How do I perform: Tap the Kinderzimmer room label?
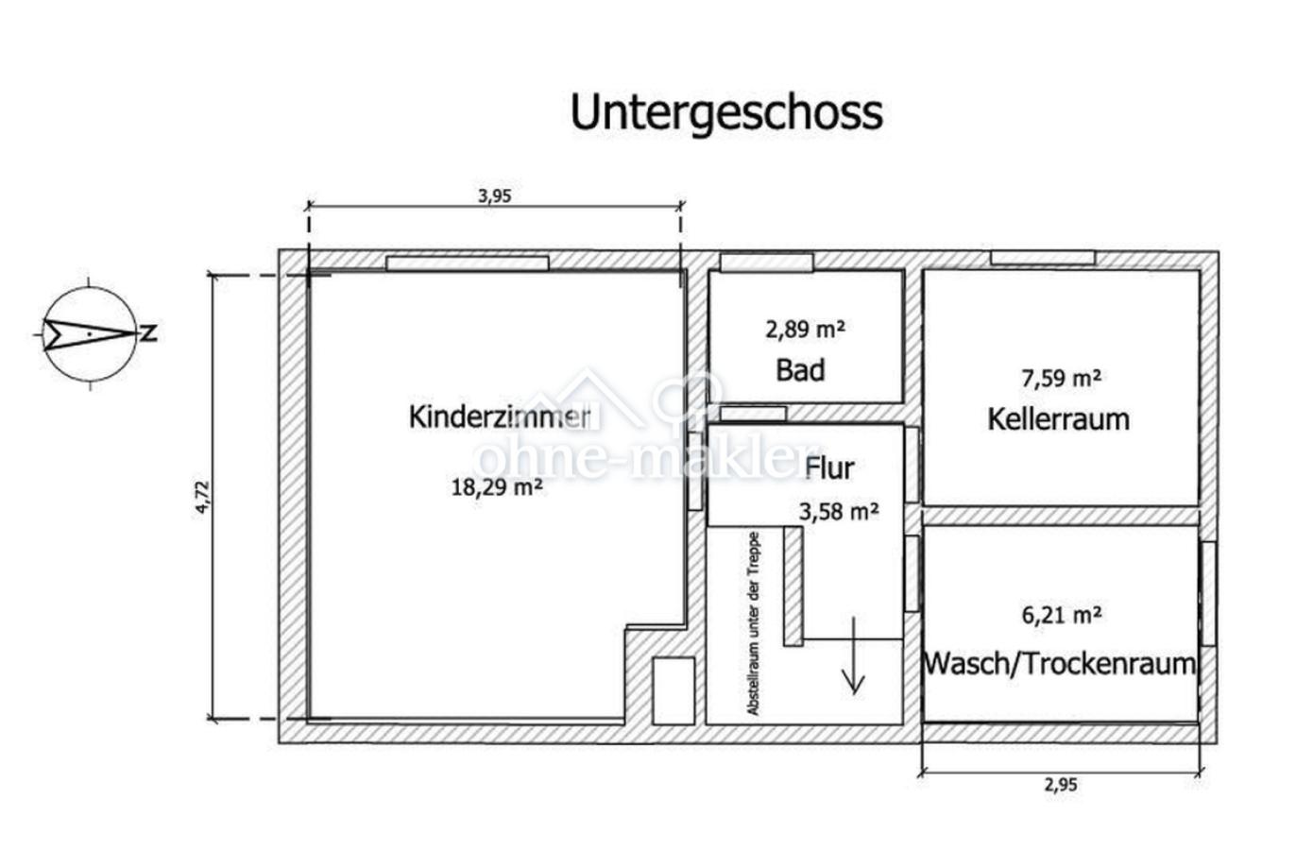500,417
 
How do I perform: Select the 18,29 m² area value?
497,487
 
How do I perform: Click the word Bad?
800,370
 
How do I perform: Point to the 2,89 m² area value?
805,330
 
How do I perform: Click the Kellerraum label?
1058,419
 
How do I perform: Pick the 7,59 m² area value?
1061,379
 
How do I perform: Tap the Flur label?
829,468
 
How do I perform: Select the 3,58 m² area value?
839,512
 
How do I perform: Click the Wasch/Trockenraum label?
1060,664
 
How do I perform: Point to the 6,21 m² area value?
1061,615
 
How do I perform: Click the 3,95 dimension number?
495,196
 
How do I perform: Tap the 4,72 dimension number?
202,497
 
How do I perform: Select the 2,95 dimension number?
1061,785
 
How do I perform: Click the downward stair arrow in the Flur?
853,655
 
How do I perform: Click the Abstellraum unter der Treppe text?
753,623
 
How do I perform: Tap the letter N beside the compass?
149,333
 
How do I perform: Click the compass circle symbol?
91,334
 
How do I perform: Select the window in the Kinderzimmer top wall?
468,263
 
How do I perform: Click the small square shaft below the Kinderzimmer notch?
674,690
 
